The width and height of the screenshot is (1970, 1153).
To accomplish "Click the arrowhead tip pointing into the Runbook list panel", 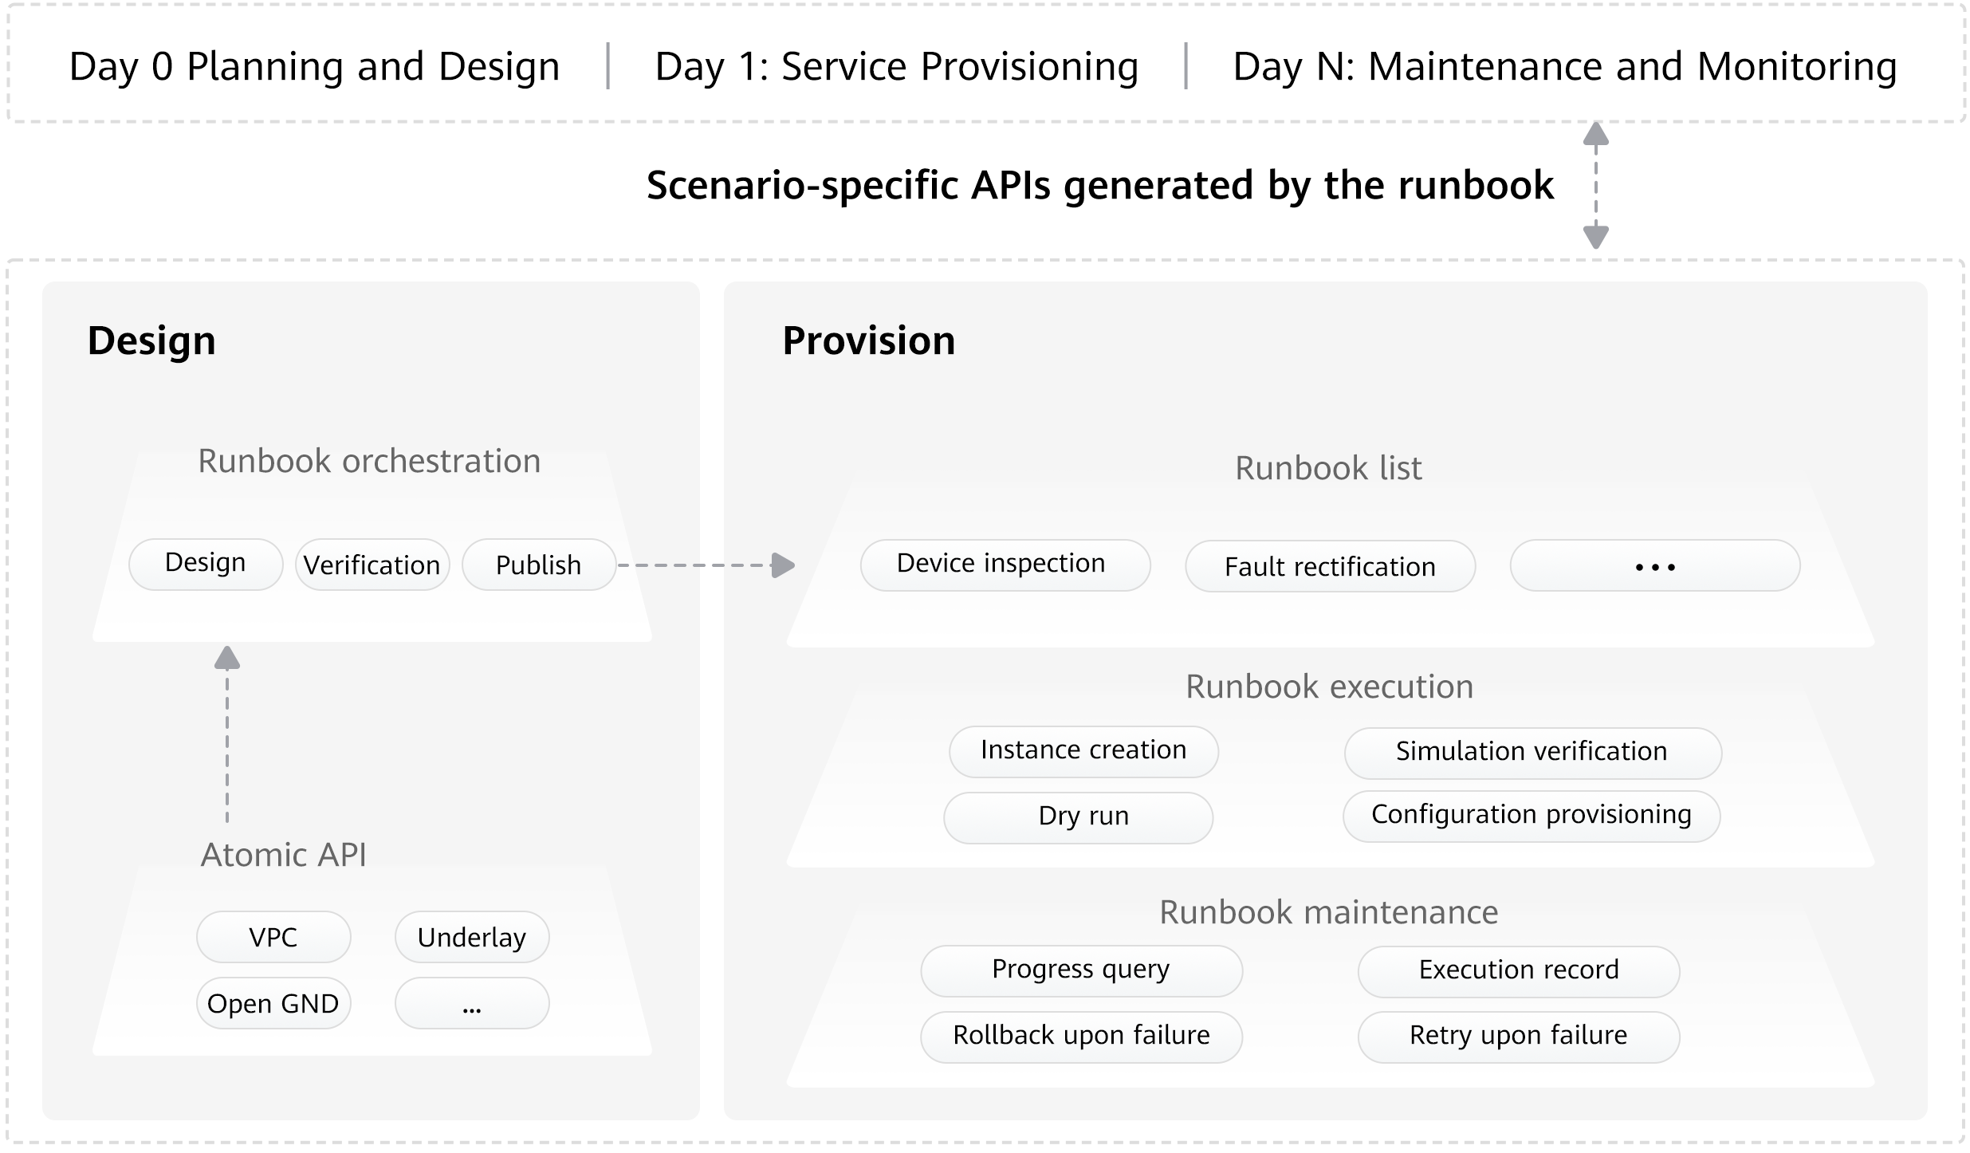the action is [x=796, y=565].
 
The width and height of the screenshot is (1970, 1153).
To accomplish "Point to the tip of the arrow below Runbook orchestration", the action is [x=227, y=646].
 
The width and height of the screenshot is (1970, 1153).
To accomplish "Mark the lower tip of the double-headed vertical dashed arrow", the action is [x=1595, y=250].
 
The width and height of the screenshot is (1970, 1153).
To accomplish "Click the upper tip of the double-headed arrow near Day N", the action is [x=1595, y=122].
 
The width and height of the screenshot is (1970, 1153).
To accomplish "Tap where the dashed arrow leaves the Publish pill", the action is [x=618, y=565].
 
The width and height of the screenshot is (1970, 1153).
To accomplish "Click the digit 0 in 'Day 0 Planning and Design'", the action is [x=162, y=67].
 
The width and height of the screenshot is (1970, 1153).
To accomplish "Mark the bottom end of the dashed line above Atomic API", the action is [x=227, y=822].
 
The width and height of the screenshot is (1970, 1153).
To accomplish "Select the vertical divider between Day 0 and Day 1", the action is [x=608, y=66].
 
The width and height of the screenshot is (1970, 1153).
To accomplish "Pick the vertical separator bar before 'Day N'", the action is [x=1186, y=66].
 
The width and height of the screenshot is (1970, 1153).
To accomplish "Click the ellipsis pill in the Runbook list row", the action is [x=1655, y=566].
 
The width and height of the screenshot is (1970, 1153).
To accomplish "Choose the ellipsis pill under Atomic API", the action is [x=472, y=1003].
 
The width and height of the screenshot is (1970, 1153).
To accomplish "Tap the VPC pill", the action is [x=273, y=937].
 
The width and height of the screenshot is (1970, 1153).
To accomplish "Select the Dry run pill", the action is [x=1079, y=817].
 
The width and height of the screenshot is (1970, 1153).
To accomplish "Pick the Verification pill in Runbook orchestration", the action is [x=372, y=565].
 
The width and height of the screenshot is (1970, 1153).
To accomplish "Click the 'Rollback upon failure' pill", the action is [x=1082, y=1037].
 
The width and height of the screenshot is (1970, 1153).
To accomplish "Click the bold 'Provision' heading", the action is [x=868, y=340].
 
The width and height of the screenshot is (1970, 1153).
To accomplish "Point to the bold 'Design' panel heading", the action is [x=151, y=340].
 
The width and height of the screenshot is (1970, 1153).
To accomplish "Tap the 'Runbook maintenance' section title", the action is [x=1328, y=912].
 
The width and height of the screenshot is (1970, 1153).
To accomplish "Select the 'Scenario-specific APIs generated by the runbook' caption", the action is [x=1100, y=186].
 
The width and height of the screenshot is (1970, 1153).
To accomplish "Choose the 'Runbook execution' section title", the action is [x=1329, y=687].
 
